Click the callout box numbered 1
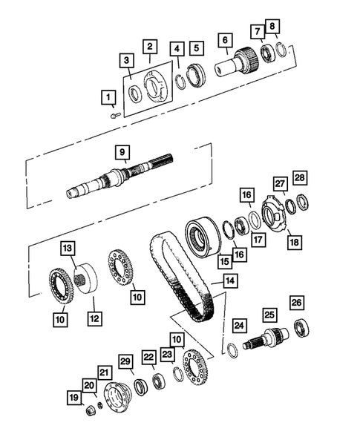(108, 96)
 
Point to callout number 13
(68, 247)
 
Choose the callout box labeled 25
(268, 315)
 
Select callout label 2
(149, 46)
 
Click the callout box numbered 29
(126, 361)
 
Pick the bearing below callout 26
(304, 326)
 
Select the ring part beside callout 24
(232, 349)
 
